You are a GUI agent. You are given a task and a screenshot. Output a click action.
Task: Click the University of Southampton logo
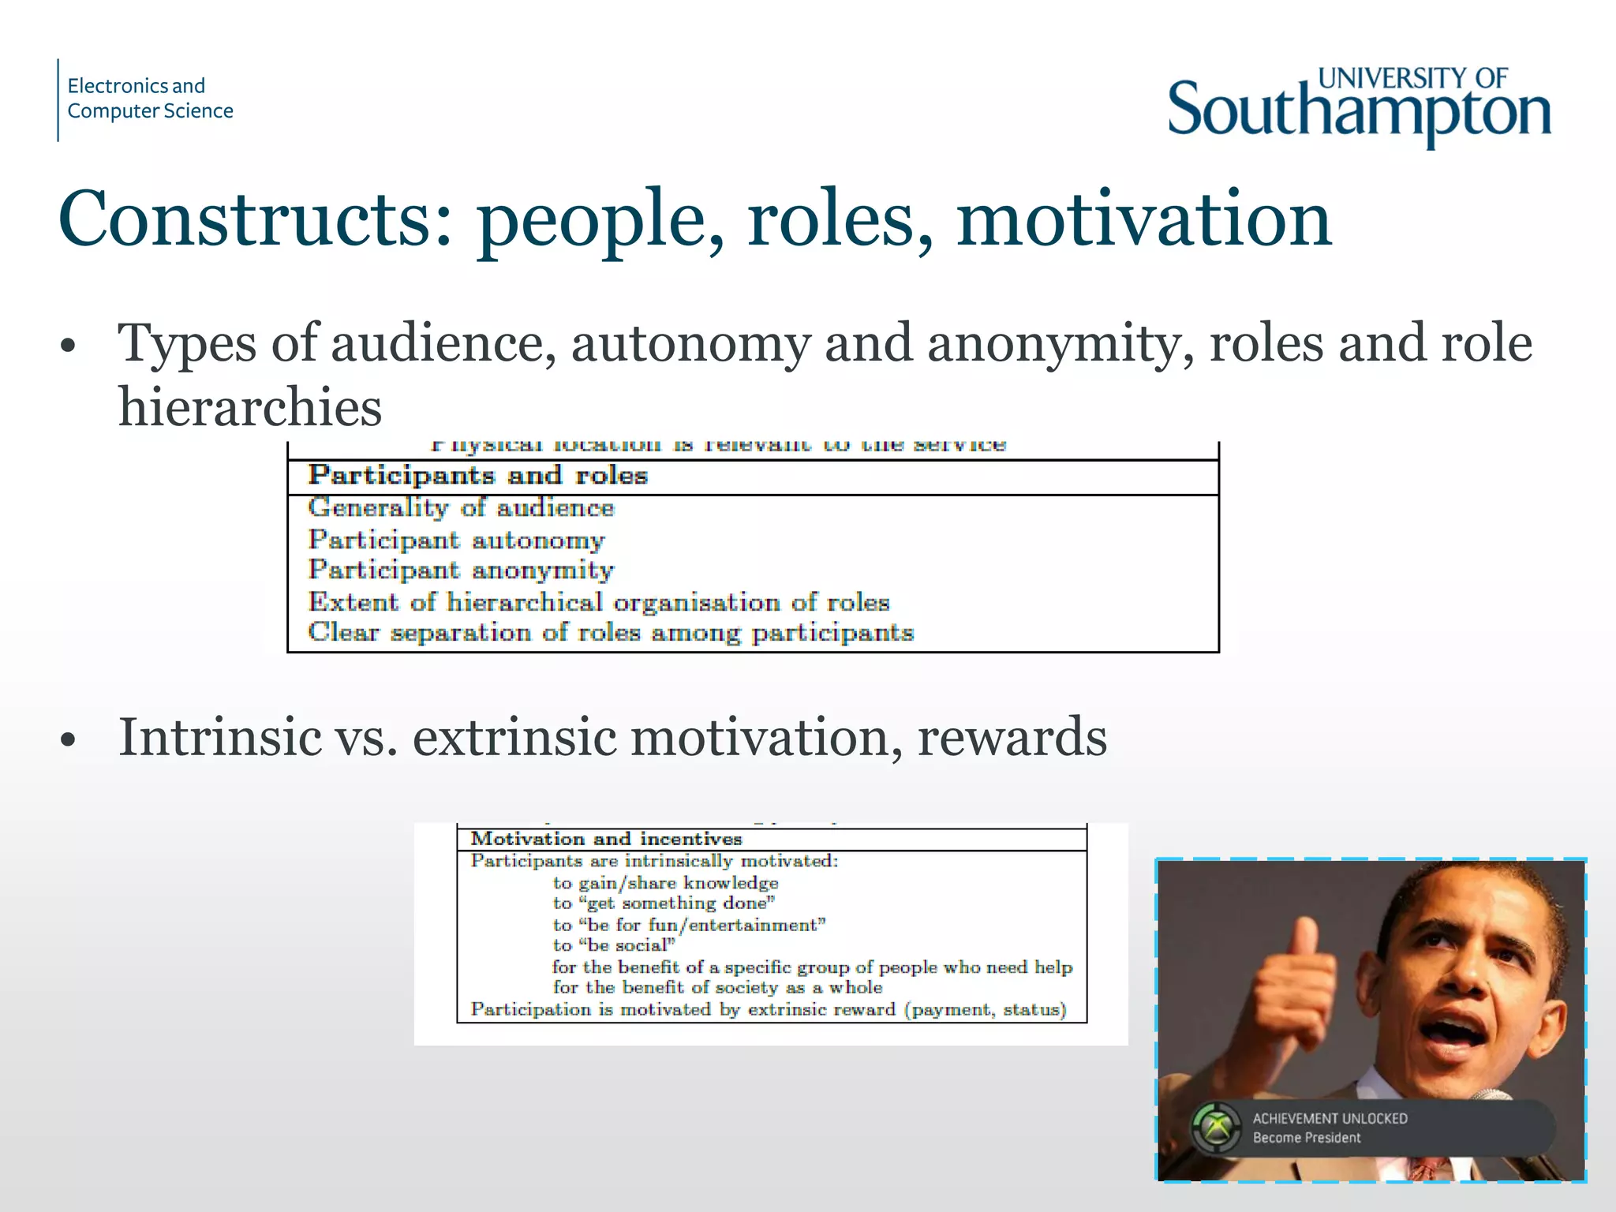pos(1359,107)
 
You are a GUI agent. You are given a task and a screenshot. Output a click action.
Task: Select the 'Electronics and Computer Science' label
pos(150,98)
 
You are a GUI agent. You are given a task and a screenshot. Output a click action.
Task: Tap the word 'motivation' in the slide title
pos(1144,219)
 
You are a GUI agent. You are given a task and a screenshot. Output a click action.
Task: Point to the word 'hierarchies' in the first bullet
pos(250,407)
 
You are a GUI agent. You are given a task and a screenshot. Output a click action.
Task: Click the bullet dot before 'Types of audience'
pos(69,346)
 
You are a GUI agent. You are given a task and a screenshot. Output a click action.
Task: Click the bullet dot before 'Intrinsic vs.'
pos(69,740)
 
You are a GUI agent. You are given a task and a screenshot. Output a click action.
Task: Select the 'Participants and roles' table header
pos(477,476)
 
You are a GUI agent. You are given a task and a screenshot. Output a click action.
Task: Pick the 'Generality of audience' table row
pos(461,507)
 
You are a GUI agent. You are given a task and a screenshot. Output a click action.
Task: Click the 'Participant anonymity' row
pos(461,570)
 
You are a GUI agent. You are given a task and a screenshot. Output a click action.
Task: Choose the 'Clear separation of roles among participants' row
pos(611,633)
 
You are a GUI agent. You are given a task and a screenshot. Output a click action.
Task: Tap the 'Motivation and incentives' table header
pos(606,839)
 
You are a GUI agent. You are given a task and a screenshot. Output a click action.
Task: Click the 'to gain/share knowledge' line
pos(665,883)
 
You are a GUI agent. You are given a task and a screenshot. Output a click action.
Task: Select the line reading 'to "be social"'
pos(614,945)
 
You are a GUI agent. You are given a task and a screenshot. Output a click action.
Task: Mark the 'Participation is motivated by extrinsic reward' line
pos(769,1010)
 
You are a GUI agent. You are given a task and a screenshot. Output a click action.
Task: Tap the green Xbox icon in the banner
pos(1216,1128)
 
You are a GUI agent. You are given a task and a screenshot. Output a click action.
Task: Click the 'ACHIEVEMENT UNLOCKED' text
pos(1330,1118)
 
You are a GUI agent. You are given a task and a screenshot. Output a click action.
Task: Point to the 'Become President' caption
pos(1307,1138)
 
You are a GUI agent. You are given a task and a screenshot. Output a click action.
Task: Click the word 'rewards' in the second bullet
pos(1012,737)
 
